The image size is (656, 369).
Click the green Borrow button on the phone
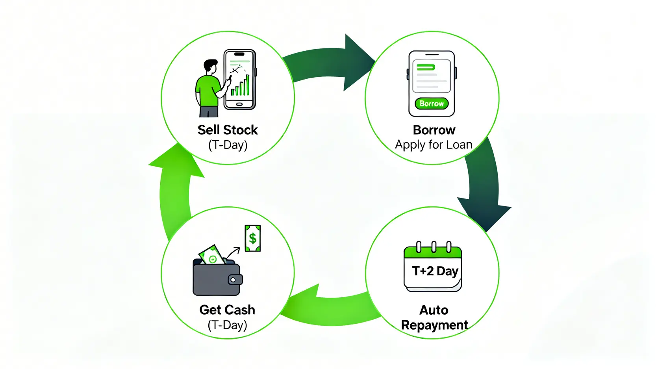click(432, 104)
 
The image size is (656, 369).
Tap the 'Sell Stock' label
click(228, 130)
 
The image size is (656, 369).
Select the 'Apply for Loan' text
click(434, 145)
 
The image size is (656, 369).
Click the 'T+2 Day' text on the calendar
click(435, 271)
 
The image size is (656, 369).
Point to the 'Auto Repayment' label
click(434, 317)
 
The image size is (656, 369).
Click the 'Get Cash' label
click(227, 310)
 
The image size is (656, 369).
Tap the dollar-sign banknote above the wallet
click(252, 238)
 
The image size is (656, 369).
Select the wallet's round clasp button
click(233, 280)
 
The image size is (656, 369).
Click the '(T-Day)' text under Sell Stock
click(228, 145)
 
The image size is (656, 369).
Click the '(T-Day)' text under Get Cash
click(227, 325)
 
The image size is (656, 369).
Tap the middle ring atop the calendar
click(433, 247)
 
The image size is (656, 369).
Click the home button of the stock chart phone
click(239, 104)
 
